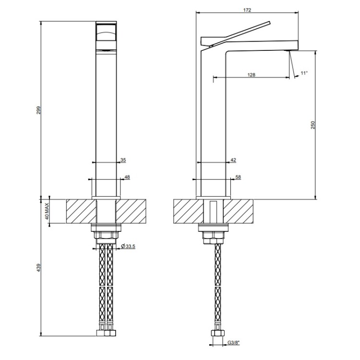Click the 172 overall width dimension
point(247,10)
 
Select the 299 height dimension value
point(38,110)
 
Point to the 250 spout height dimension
point(313,125)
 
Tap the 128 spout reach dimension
point(252,75)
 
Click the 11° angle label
point(304,73)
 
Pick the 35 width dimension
point(123,160)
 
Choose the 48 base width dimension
point(127,177)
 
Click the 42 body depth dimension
point(233,160)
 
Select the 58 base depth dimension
point(238,177)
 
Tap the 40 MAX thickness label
point(47,211)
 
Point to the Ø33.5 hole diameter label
point(128,247)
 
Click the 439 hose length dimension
point(38,268)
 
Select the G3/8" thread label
point(233,343)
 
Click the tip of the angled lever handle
point(270,22)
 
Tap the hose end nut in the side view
point(217,333)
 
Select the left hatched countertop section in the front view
point(81,211)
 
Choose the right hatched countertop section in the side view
point(239,211)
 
